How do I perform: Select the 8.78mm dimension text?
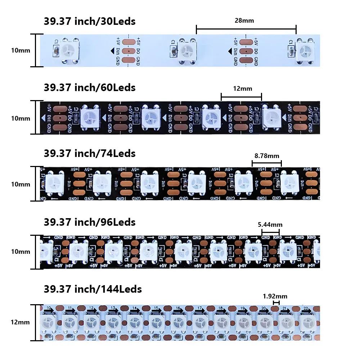tap(267, 156)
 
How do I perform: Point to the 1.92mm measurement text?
tap(275, 296)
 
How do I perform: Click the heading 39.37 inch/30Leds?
tap(90, 21)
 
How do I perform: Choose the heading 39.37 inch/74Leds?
tap(90, 153)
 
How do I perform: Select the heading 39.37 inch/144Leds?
tap(93, 289)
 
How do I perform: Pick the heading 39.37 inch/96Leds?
tap(90, 222)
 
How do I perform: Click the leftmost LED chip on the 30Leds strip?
tap(68, 51)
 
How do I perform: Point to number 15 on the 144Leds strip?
tap(156, 308)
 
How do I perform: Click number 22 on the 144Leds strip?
tap(306, 309)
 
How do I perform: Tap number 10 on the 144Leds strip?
tap(49, 308)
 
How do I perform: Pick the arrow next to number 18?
tap(228, 310)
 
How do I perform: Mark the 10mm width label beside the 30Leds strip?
tap(21, 50)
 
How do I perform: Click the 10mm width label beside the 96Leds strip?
tap(21, 252)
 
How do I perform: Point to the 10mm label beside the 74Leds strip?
tap(21, 184)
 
